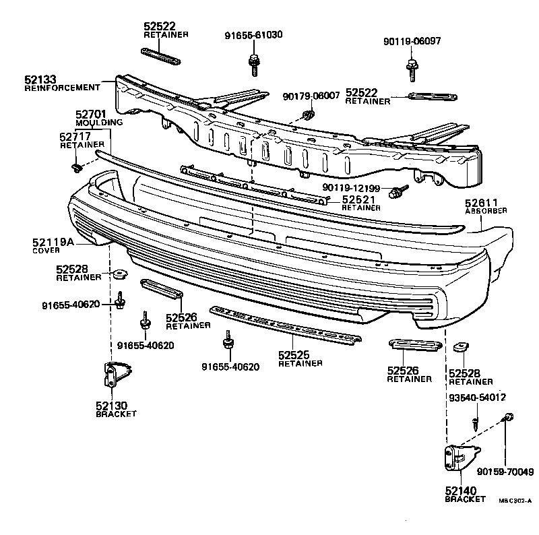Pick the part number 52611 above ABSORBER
tap(481, 202)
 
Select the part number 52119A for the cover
tap(54, 242)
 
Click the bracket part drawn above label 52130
tap(115, 375)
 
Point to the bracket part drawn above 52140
tap(459, 461)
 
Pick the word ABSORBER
tap(486, 210)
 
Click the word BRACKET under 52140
tap(465, 499)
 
